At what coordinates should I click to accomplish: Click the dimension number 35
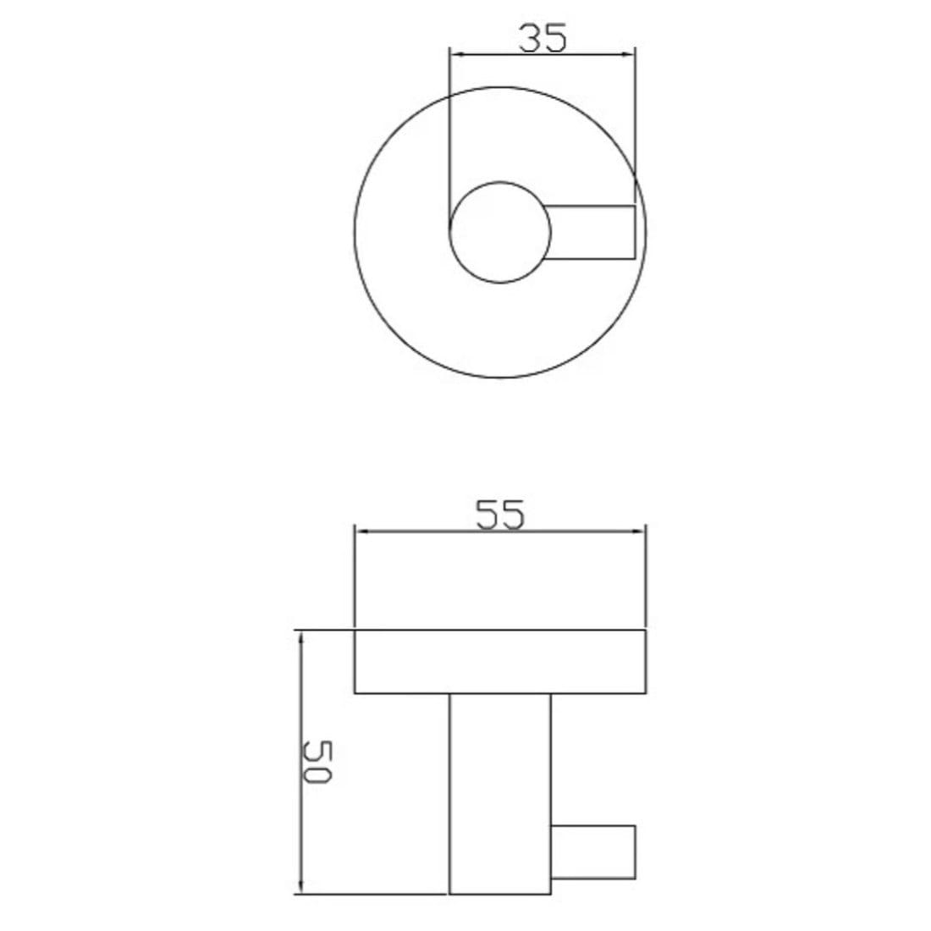(x=542, y=38)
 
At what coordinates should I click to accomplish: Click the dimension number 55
(x=499, y=515)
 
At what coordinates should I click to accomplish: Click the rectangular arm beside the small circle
(x=592, y=232)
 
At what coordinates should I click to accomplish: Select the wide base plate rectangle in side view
(x=500, y=662)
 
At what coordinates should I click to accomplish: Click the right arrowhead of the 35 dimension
(x=627, y=55)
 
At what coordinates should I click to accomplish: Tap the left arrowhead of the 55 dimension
(x=361, y=532)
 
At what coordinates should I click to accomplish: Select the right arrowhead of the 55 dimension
(x=640, y=532)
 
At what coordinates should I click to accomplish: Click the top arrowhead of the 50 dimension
(x=299, y=637)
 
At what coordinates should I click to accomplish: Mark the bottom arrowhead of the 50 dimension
(x=299, y=887)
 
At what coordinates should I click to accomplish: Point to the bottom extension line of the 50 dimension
(x=372, y=894)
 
